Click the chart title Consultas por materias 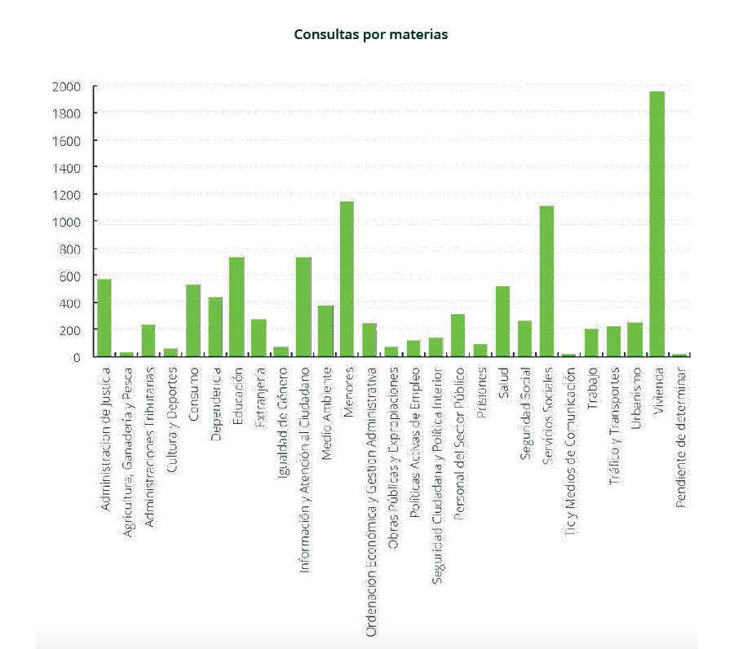point(371,35)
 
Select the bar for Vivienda point(657,224)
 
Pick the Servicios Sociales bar point(546,281)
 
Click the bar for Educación point(237,307)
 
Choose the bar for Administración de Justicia point(104,318)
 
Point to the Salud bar point(502,321)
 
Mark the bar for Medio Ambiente point(325,331)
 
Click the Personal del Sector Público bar point(458,335)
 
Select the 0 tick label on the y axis point(76,357)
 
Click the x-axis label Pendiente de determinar point(681,437)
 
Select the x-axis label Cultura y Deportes point(171,415)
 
